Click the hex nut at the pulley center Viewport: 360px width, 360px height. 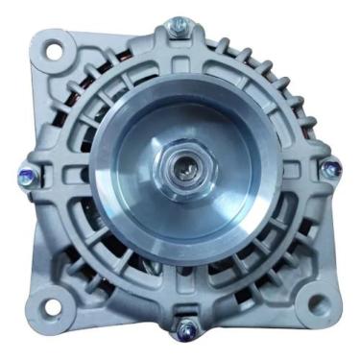click(x=181, y=174)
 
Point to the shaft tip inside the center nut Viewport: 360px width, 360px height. click(x=181, y=174)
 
